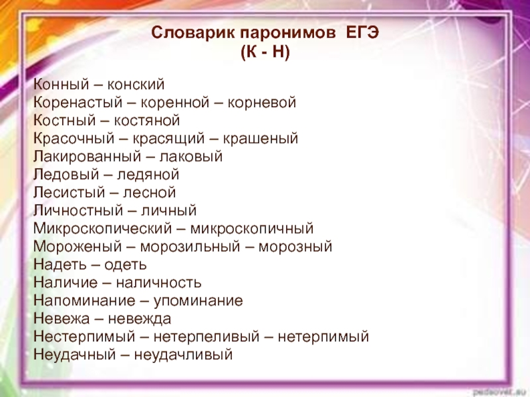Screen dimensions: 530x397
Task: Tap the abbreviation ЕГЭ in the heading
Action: pos(362,32)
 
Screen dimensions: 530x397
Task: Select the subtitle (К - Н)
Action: pos(266,52)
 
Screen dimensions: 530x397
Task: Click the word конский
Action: pos(136,85)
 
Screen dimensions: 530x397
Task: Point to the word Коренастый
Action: pos(78,103)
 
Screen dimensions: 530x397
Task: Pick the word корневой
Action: pos(262,103)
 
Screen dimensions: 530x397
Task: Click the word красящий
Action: pos(168,139)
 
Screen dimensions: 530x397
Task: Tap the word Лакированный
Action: pos(87,157)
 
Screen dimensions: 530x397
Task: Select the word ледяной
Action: pos(148,175)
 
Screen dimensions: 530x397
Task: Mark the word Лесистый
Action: pos(70,193)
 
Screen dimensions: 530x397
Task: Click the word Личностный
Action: pos(78,210)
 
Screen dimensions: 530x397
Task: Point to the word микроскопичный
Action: pos(252,228)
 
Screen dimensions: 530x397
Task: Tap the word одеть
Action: pos(125,265)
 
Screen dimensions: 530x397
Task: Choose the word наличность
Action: pos(158,283)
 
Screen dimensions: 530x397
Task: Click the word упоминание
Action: pos(198,300)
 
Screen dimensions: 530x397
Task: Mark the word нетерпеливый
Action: pos(206,337)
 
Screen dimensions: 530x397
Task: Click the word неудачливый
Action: pos(184,355)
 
